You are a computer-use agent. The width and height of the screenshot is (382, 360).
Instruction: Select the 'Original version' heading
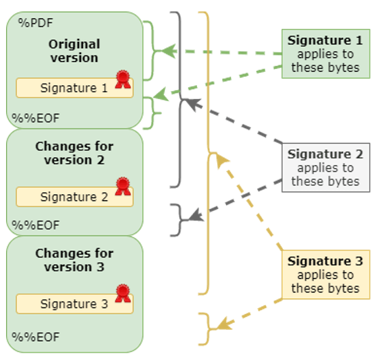74,51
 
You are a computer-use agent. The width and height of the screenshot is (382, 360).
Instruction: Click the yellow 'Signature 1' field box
74,88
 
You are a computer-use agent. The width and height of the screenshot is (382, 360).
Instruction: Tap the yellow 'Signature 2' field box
74,197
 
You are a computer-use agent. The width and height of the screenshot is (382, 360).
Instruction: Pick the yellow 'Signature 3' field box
74,304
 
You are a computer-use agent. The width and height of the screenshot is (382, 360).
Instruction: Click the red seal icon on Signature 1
122,79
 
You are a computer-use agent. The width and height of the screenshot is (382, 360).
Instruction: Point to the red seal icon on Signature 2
122,186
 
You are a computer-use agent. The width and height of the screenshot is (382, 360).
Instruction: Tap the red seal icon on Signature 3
122,293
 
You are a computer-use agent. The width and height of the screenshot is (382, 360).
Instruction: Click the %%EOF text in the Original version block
35,118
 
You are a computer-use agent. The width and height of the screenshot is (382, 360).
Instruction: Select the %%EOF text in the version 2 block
35,224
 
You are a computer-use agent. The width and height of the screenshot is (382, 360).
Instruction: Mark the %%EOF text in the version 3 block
35,336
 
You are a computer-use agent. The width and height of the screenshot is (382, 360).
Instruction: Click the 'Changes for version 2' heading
74,153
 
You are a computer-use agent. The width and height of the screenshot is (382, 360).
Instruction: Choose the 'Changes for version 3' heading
74,260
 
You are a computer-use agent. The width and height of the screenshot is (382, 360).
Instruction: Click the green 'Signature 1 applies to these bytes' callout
325,54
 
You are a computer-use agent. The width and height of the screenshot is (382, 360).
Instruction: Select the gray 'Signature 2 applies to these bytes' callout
325,168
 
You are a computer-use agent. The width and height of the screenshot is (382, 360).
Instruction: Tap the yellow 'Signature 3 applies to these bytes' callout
325,274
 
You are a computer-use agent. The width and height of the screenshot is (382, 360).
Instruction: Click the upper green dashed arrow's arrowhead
167,51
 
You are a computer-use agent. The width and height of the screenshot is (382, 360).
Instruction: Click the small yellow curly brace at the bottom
206,328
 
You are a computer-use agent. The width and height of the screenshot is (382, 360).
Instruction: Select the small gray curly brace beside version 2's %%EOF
178,220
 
